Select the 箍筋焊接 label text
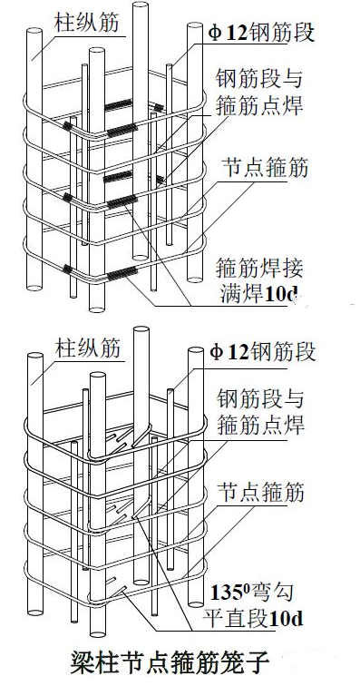click(x=259, y=269)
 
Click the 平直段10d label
click(x=252, y=619)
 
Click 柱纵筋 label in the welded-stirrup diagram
click(x=86, y=23)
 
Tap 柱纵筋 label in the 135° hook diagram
click(x=87, y=348)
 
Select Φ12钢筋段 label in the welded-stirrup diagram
click(x=262, y=34)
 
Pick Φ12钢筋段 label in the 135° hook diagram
click(x=262, y=353)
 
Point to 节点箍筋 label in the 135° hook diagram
click(x=261, y=493)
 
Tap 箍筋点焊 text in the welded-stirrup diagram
click(x=259, y=105)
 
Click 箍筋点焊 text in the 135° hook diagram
click(x=260, y=425)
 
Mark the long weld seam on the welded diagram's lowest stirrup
click(x=122, y=273)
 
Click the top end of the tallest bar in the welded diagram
click(x=140, y=5)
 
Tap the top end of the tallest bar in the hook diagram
click(x=141, y=330)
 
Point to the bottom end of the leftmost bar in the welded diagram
click(x=34, y=288)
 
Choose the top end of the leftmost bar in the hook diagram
click(x=35, y=356)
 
